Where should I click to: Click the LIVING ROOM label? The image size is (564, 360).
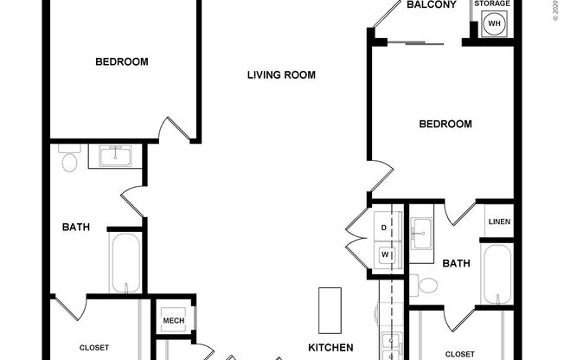point(281,75)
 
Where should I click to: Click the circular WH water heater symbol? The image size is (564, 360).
point(495,23)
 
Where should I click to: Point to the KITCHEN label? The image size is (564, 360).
point(331,348)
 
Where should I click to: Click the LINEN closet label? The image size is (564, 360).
point(499,222)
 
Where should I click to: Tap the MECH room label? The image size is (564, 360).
point(173,322)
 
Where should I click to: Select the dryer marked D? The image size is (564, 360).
point(385,228)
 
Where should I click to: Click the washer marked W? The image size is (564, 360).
point(385,254)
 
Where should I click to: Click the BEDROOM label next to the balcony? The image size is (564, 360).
point(445,125)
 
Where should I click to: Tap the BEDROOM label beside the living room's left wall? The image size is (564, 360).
point(121,61)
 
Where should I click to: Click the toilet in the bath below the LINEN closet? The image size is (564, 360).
point(426,285)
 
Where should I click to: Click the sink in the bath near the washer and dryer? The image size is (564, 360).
point(421,230)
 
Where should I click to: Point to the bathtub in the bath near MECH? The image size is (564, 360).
point(125,262)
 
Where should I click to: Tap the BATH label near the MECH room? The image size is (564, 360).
point(76,228)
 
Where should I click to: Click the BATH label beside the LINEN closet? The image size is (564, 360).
point(457,263)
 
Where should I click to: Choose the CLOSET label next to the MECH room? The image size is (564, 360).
point(94,347)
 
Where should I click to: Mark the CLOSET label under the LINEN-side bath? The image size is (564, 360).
point(460,354)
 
